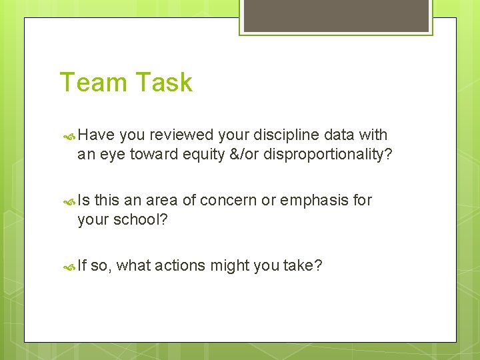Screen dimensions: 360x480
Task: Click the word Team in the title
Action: click(x=90, y=83)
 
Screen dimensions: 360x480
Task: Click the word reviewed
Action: click(x=181, y=135)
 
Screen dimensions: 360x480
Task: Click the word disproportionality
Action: click(x=325, y=154)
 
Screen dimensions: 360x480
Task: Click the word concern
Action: click(x=229, y=201)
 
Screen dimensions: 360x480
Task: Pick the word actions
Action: click(x=180, y=266)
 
